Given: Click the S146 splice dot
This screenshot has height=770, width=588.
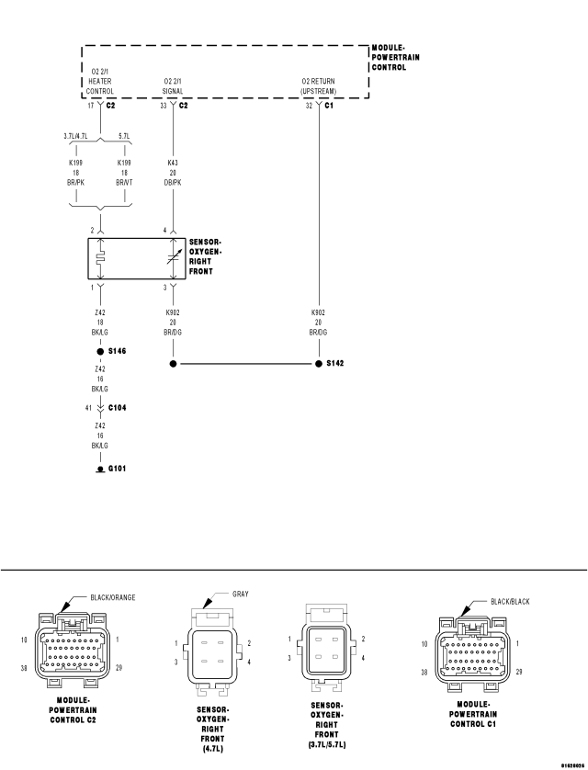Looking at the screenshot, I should [x=99, y=352].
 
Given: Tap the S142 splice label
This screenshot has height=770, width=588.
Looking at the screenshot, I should [x=335, y=364].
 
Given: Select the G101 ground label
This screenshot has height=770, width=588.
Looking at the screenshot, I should [x=118, y=468].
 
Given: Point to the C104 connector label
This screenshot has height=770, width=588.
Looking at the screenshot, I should [x=118, y=406].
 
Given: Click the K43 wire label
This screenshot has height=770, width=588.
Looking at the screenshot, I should [x=173, y=162].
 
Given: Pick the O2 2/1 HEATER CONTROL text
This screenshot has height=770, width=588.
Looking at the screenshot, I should [x=99, y=81].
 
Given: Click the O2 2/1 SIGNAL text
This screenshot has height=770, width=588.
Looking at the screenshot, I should [x=173, y=86].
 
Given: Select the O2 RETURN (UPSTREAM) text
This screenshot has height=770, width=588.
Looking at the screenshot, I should [x=318, y=86].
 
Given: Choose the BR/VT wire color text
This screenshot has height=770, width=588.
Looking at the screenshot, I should [x=124, y=183].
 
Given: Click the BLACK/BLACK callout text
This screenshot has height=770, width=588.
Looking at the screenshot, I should [x=510, y=601].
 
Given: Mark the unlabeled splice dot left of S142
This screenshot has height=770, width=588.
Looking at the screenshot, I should [x=173, y=364].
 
